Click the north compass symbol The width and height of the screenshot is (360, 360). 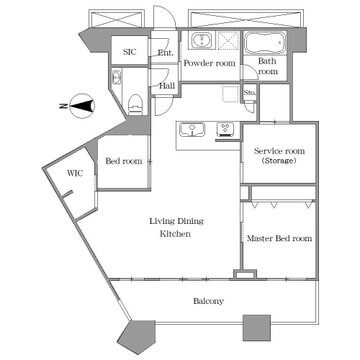click(x=80, y=106)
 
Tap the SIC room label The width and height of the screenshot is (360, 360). click(x=129, y=52)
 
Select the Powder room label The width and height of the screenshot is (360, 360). click(x=209, y=63)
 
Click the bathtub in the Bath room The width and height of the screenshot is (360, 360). click(x=266, y=43)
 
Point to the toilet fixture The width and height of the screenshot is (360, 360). click(x=135, y=103)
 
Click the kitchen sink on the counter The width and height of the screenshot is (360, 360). click(x=192, y=129)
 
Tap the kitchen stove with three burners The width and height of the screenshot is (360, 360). click(x=225, y=129)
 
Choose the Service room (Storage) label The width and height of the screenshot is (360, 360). click(x=279, y=156)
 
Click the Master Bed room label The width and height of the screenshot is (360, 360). click(x=279, y=238)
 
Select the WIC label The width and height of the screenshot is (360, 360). click(x=75, y=173)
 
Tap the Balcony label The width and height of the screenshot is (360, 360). click(x=208, y=301)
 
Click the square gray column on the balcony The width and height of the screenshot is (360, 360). click(x=256, y=328)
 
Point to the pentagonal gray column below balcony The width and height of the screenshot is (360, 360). click(x=136, y=336)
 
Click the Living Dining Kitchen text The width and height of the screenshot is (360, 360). click(x=176, y=227)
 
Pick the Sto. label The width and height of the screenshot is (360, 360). click(x=250, y=92)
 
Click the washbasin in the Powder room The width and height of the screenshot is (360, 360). click(x=201, y=41)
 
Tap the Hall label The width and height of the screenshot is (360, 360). click(x=167, y=86)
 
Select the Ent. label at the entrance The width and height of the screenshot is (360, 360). click(x=166, y=52)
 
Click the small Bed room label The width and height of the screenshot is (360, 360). click(x=124, y=161)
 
